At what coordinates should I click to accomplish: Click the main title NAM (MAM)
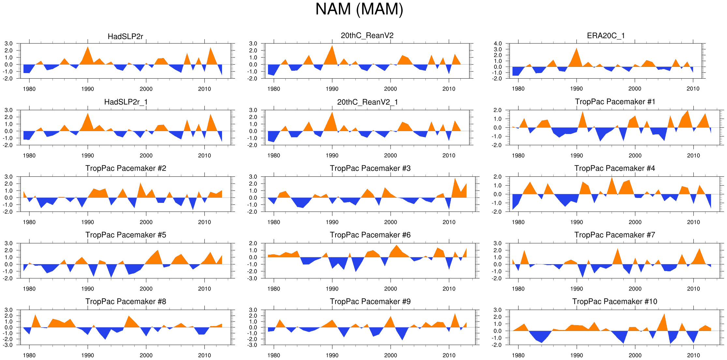(359, 9)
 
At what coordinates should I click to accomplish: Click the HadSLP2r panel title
(125, 37)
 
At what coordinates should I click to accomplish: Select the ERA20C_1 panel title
(606, 36)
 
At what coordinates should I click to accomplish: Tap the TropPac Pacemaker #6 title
(370, 235)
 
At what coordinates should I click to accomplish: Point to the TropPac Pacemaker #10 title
(615, 301)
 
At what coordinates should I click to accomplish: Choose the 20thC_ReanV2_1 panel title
(367, 102)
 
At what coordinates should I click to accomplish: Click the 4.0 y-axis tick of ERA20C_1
(497, 44)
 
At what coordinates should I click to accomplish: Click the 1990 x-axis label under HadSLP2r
(88, 89)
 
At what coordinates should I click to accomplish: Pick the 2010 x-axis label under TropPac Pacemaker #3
(449, 222)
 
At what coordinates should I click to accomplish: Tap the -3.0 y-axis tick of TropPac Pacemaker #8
(8, 345)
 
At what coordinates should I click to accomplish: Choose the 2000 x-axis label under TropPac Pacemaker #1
(635, 156)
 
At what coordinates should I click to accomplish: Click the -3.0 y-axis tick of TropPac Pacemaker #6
(253, 278)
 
